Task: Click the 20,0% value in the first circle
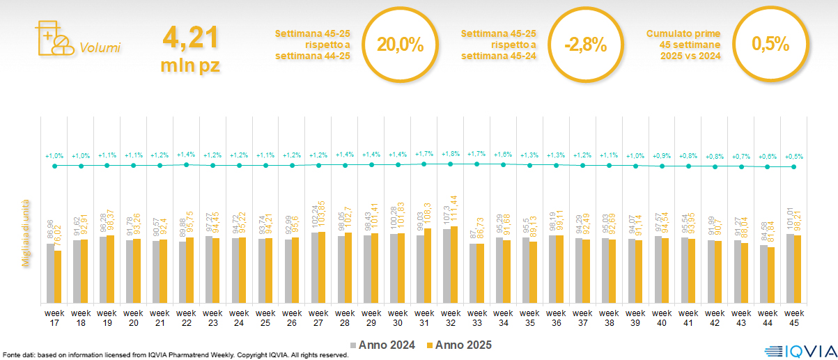(x=400, y=45)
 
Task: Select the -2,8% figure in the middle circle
(x=585, y=45)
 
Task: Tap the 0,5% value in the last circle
(x=770, y=45)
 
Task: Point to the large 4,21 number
(x=190, y=38)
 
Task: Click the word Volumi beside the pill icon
(x=100, y=48)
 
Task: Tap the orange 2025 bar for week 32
(x=455, y=264)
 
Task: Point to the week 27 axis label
(x=318, y=317)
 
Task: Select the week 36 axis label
(x=557, y=317)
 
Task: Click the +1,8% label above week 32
(x=450, y=153)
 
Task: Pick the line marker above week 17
(x=54, y=166)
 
